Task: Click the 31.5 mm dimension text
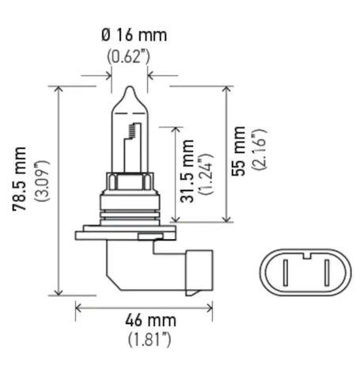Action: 188,172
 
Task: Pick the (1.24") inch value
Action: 207,172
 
